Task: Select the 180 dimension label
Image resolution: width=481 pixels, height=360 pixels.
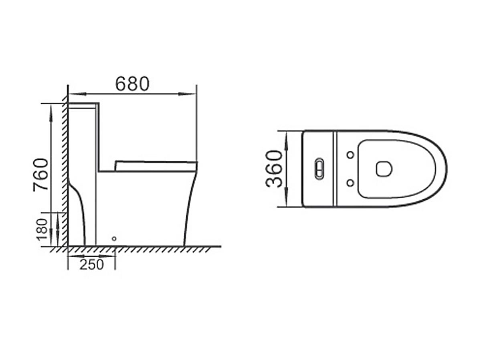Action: (42, 229)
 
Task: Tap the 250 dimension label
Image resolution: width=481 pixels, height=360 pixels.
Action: (91, 264)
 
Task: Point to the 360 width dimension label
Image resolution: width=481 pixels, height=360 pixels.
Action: (275, 169)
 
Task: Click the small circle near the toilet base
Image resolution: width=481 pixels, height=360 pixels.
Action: (114, 239)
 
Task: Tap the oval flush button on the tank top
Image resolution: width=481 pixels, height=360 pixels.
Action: (319, 169)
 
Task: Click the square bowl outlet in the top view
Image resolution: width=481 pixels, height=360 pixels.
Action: (384, 169)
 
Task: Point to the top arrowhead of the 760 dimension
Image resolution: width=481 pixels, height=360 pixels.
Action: (52, 111)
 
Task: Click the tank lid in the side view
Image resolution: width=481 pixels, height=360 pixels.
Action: (83, 106)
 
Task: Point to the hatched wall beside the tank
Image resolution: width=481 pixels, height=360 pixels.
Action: (65, 160)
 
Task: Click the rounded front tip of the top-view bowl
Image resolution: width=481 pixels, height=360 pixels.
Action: (446, 169)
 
